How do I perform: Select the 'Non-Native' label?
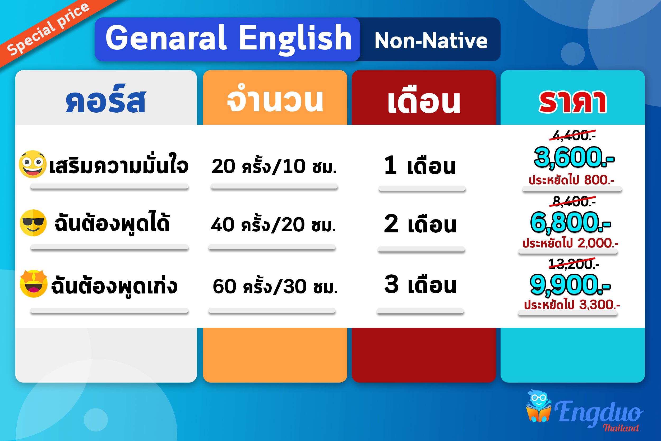[x=431, y=40]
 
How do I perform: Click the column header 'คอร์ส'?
[x=106, y=99]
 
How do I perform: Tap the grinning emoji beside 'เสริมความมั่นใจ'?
[x=33, y=164]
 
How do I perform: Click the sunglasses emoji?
[x=33, y=223]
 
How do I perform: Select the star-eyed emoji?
[x=34, y=283]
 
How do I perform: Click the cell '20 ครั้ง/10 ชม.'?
[x=274, y=166]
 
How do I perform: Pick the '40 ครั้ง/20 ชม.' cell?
[x=273, y=225]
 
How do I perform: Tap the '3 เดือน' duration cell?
[x=420, y=285]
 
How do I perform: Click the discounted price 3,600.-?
[x=574, y=157]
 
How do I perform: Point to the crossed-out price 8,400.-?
[x=573, y=201]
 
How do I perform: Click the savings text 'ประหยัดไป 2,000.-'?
[x=570, y=243]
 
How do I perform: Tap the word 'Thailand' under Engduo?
[x=621, y=428]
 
